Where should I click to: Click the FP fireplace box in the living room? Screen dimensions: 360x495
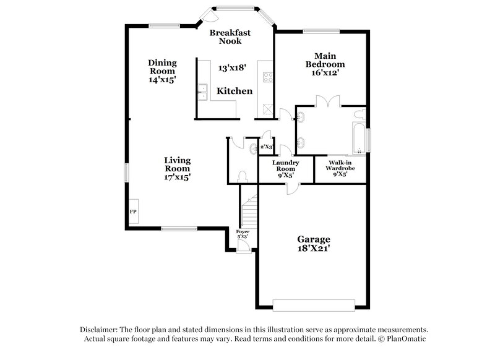pos(133,212)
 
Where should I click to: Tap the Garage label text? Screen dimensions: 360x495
pos(313,244)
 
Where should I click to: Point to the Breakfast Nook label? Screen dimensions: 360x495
pos(225,36)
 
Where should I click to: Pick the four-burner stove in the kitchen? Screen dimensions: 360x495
pos(268,77)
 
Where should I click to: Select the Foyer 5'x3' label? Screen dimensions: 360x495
pos(243,234)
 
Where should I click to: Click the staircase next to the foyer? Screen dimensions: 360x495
pos(248,210)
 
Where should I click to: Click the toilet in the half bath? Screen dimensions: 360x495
pos(242,176)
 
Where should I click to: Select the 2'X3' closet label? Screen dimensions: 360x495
pos(266,147)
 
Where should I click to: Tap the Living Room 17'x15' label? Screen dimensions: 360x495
pos(177,168)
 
